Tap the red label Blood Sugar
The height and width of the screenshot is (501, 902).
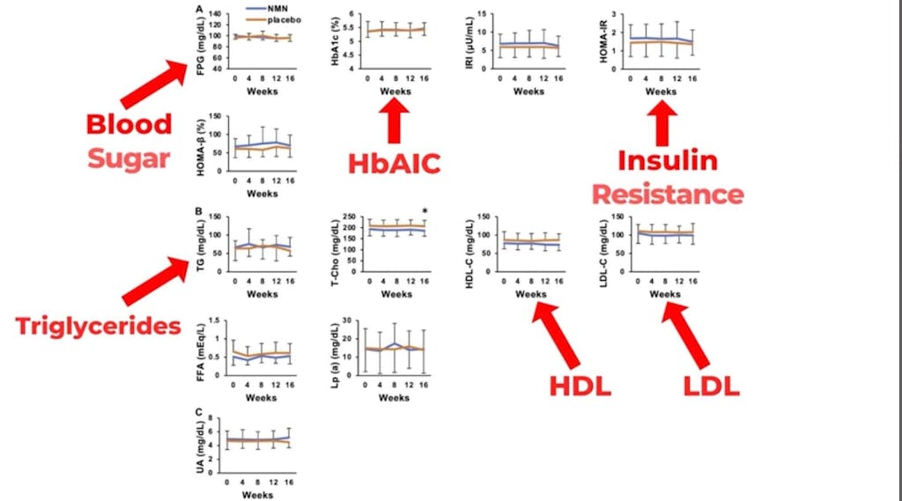click(x=129, y=140)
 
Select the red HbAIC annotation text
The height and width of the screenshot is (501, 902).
click(x=393, y=164)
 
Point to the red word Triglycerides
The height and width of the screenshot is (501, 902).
click(x=98, y=326)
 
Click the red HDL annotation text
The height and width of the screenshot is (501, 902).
click(x=581, y=387)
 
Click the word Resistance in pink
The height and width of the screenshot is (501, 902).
click(x=667, y=194)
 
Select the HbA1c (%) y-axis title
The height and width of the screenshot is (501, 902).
click(x=336, y=41)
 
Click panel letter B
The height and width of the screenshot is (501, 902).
click(x=199, y=211)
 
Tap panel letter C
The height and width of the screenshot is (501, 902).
click(x=199, y=411)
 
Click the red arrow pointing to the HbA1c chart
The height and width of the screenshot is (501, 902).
click(x=393, y=122)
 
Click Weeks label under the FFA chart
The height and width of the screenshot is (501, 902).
click(x=262, y=397)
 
